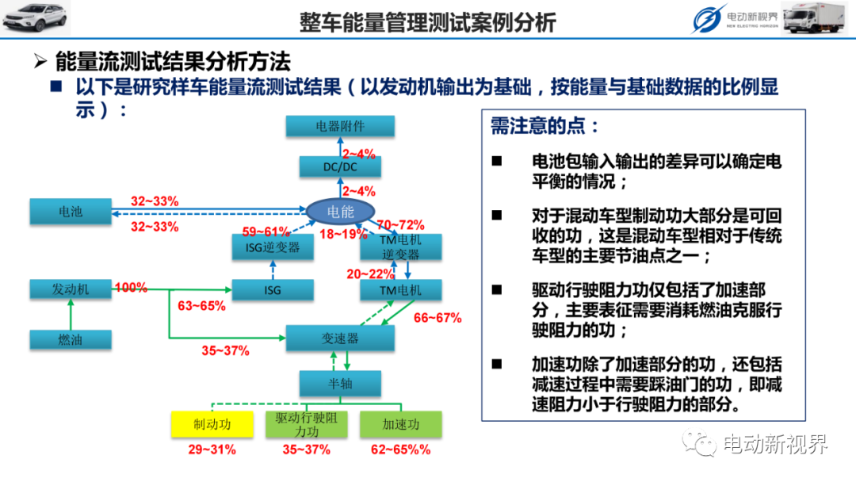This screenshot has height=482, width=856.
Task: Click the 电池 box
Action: (71, 211)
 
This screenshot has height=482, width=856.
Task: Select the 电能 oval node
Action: (340, 211)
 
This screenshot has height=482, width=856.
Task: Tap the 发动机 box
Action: (71, 289)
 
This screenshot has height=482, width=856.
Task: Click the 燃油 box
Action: (71, 339)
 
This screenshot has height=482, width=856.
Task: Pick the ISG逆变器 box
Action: (273, 247)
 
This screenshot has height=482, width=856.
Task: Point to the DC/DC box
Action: (340, 166)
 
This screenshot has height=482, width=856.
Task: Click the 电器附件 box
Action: (340, 126)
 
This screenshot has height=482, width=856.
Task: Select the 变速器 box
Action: (340, 339)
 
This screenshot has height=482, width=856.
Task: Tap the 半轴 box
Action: (340, 384)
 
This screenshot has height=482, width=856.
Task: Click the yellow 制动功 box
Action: (212, 424)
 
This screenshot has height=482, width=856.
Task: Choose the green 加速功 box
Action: (401, 424)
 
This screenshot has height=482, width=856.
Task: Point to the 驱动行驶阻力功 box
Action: (306, 424)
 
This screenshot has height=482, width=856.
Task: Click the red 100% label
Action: (131, 287)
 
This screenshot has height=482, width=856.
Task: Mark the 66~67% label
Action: (438, 318)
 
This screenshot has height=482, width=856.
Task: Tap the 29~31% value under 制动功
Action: (212, 449)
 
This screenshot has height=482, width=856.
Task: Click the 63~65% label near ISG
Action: (201, 306)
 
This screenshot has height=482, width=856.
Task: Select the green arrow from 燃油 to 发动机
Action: (71, 315)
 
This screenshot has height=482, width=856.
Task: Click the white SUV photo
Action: (36, 18)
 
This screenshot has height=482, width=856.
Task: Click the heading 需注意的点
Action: (545, 126)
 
